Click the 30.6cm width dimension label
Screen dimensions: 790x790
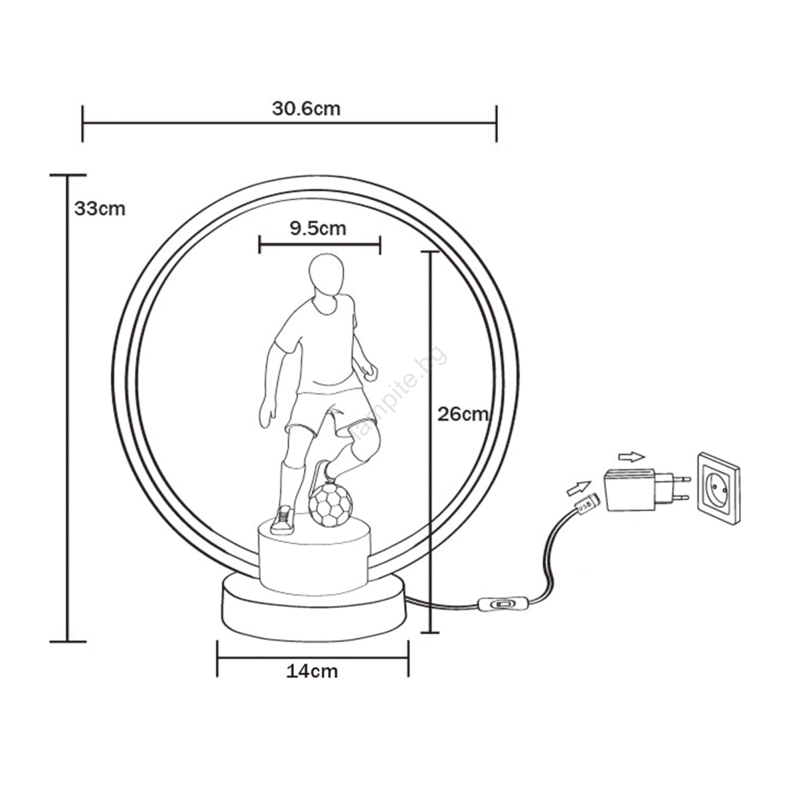(306, 109)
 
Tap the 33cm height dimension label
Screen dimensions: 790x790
(100, 209)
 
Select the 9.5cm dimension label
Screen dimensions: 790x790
(318, 228)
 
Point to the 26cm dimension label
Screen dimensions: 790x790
(463, 414)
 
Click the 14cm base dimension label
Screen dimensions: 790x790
(312, 671)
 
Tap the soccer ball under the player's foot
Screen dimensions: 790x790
(331, 505)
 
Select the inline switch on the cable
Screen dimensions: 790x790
(504, 604)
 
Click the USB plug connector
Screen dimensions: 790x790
(587, 504)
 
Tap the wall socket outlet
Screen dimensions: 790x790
(718, 488)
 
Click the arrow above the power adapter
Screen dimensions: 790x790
(632, 457)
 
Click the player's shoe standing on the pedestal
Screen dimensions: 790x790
(283, 520)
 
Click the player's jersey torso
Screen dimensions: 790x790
(326, 343)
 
